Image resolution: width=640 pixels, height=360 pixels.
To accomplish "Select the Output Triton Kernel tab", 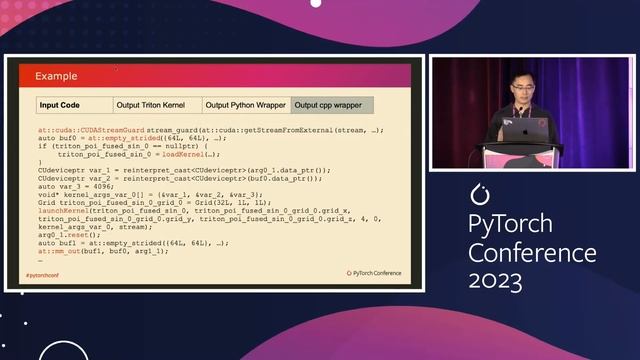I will click(156, 104).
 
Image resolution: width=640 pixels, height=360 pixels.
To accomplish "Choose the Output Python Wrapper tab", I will click(245, 104).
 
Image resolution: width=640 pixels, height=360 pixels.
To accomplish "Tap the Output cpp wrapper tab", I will click(332, 104).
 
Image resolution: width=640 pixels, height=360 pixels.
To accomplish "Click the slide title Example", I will click(57, 76).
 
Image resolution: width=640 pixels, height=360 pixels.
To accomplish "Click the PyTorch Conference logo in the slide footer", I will click(377, 272).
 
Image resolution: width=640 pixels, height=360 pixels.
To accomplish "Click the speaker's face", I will click(519, 90).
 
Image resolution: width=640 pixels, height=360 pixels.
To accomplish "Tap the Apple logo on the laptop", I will click(543, 125).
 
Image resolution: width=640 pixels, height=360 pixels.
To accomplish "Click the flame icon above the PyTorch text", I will click(477, 190).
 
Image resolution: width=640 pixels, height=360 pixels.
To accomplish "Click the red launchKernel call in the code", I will click(64, 211).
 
